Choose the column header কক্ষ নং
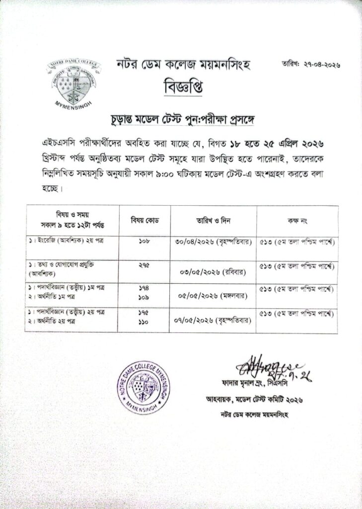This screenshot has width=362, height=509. (297, 220)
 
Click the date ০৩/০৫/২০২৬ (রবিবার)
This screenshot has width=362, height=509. (214, 272)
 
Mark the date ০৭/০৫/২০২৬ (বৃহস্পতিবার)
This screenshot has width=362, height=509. (214, 320)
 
